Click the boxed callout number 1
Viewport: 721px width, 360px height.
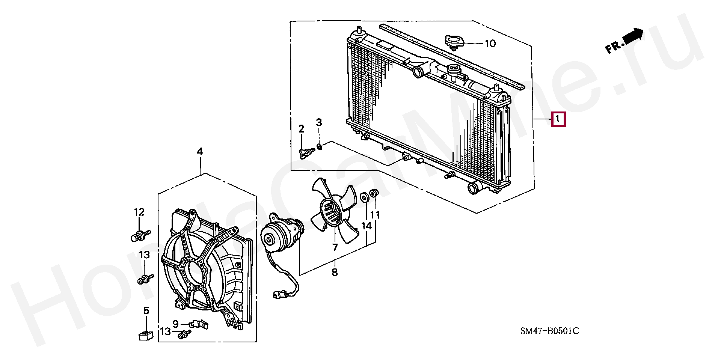[558, 119]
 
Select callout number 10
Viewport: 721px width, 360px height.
[490, 44]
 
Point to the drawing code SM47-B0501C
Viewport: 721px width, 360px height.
[549, 331]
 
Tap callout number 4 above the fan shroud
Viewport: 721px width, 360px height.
[200, 152]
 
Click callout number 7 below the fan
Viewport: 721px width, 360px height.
[335, 247]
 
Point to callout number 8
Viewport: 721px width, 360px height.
[335, 272]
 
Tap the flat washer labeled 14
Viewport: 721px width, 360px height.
[364, 198]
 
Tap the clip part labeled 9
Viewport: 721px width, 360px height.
[198, 323]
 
